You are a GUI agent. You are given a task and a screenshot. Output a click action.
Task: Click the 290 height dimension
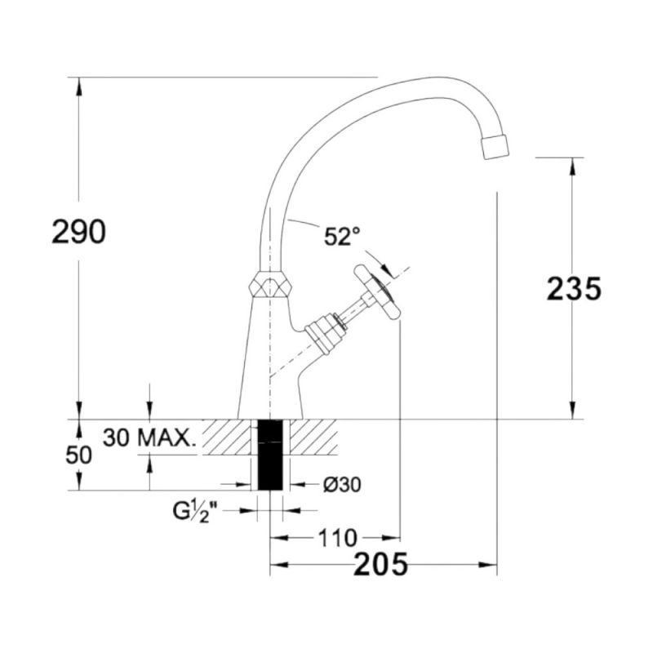pos(78,232)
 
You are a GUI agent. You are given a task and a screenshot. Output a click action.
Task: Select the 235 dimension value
pos(574,289)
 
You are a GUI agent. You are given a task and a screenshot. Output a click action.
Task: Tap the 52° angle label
pos(342,237)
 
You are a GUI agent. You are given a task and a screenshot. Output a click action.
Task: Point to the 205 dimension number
pos(380,564)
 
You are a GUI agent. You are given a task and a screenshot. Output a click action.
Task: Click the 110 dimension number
pos(338,538)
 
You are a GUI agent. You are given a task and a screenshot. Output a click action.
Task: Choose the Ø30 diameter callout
pos(342,484)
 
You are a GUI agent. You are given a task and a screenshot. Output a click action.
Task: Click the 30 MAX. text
pos(149,438)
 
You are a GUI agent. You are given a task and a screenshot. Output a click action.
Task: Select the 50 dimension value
pos(78,455)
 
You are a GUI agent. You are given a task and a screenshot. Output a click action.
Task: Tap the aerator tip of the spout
pos(495,147)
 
